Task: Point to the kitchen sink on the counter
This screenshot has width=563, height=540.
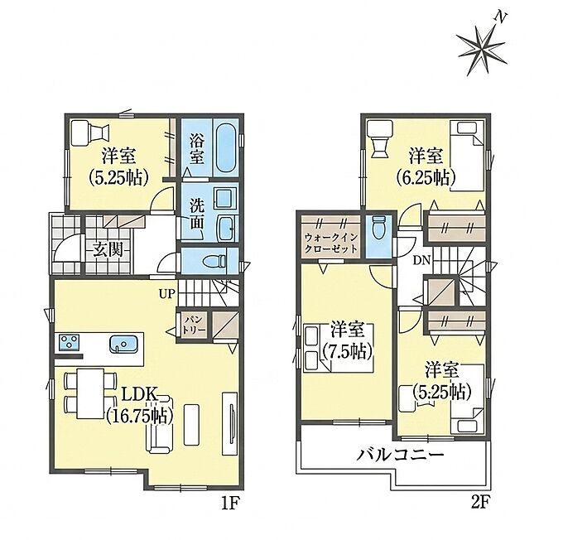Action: tap(123, 343)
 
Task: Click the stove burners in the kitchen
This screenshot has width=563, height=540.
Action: tap(70, 342)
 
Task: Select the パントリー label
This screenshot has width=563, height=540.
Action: tap(195, 324)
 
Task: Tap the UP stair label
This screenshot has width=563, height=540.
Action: tap(167, 295)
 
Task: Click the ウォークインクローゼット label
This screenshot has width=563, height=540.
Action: tap(330, 243)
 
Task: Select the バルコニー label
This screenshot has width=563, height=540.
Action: tap(400, 456)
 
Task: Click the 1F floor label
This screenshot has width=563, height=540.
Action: tap(230, 503)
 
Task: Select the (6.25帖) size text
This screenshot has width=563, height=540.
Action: tap(426, 176)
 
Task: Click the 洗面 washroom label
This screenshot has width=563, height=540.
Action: tap(197, 215)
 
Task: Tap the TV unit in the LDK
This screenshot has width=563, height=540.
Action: tap(229, 423)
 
